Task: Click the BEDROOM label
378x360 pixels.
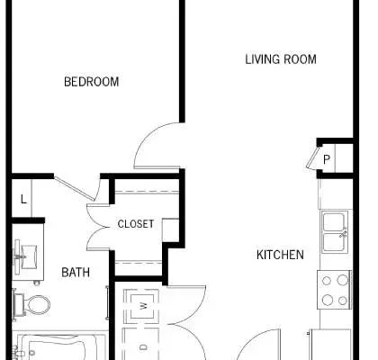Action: pos(92,82)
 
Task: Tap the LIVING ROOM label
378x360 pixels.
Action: pos(281,59)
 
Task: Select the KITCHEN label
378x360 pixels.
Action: pos(280,255)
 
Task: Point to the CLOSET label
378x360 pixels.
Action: pos(136,224)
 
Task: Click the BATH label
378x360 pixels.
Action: pos(76,273)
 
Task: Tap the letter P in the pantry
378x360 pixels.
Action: pos(327,159)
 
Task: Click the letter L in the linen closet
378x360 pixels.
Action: pos(23,199)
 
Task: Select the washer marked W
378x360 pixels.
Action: pos(141,306)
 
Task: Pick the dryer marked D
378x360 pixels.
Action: pos(141,345)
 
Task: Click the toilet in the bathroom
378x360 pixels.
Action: pos(31,304)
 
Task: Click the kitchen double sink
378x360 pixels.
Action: pos(335,231)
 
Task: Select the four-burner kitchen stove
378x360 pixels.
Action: pos(334,290)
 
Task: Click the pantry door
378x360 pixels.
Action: pos(312,157)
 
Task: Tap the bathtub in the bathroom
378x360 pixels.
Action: pos(60,346)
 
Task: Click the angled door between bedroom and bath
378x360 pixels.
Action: pos(74,188)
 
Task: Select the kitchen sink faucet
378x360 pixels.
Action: pos(343,233)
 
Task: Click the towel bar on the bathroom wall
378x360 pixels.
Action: pos(107,302)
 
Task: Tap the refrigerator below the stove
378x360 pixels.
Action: pos(331,345)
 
